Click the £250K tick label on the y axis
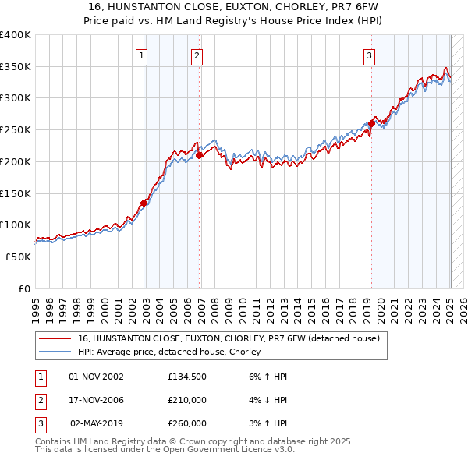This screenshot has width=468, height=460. pos(16,130)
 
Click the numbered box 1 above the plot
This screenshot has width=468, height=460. pos(142,55)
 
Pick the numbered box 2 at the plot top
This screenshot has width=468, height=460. pos(197,55)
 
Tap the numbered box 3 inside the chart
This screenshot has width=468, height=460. pos(368,55)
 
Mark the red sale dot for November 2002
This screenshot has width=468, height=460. pos(144,203)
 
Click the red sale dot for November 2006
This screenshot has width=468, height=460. pos(199,155)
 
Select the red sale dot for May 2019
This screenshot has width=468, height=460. pos(371,123)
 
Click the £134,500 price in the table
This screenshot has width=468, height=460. pos(186,377)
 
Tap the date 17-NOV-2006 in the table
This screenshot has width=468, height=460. pos(96,400)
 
